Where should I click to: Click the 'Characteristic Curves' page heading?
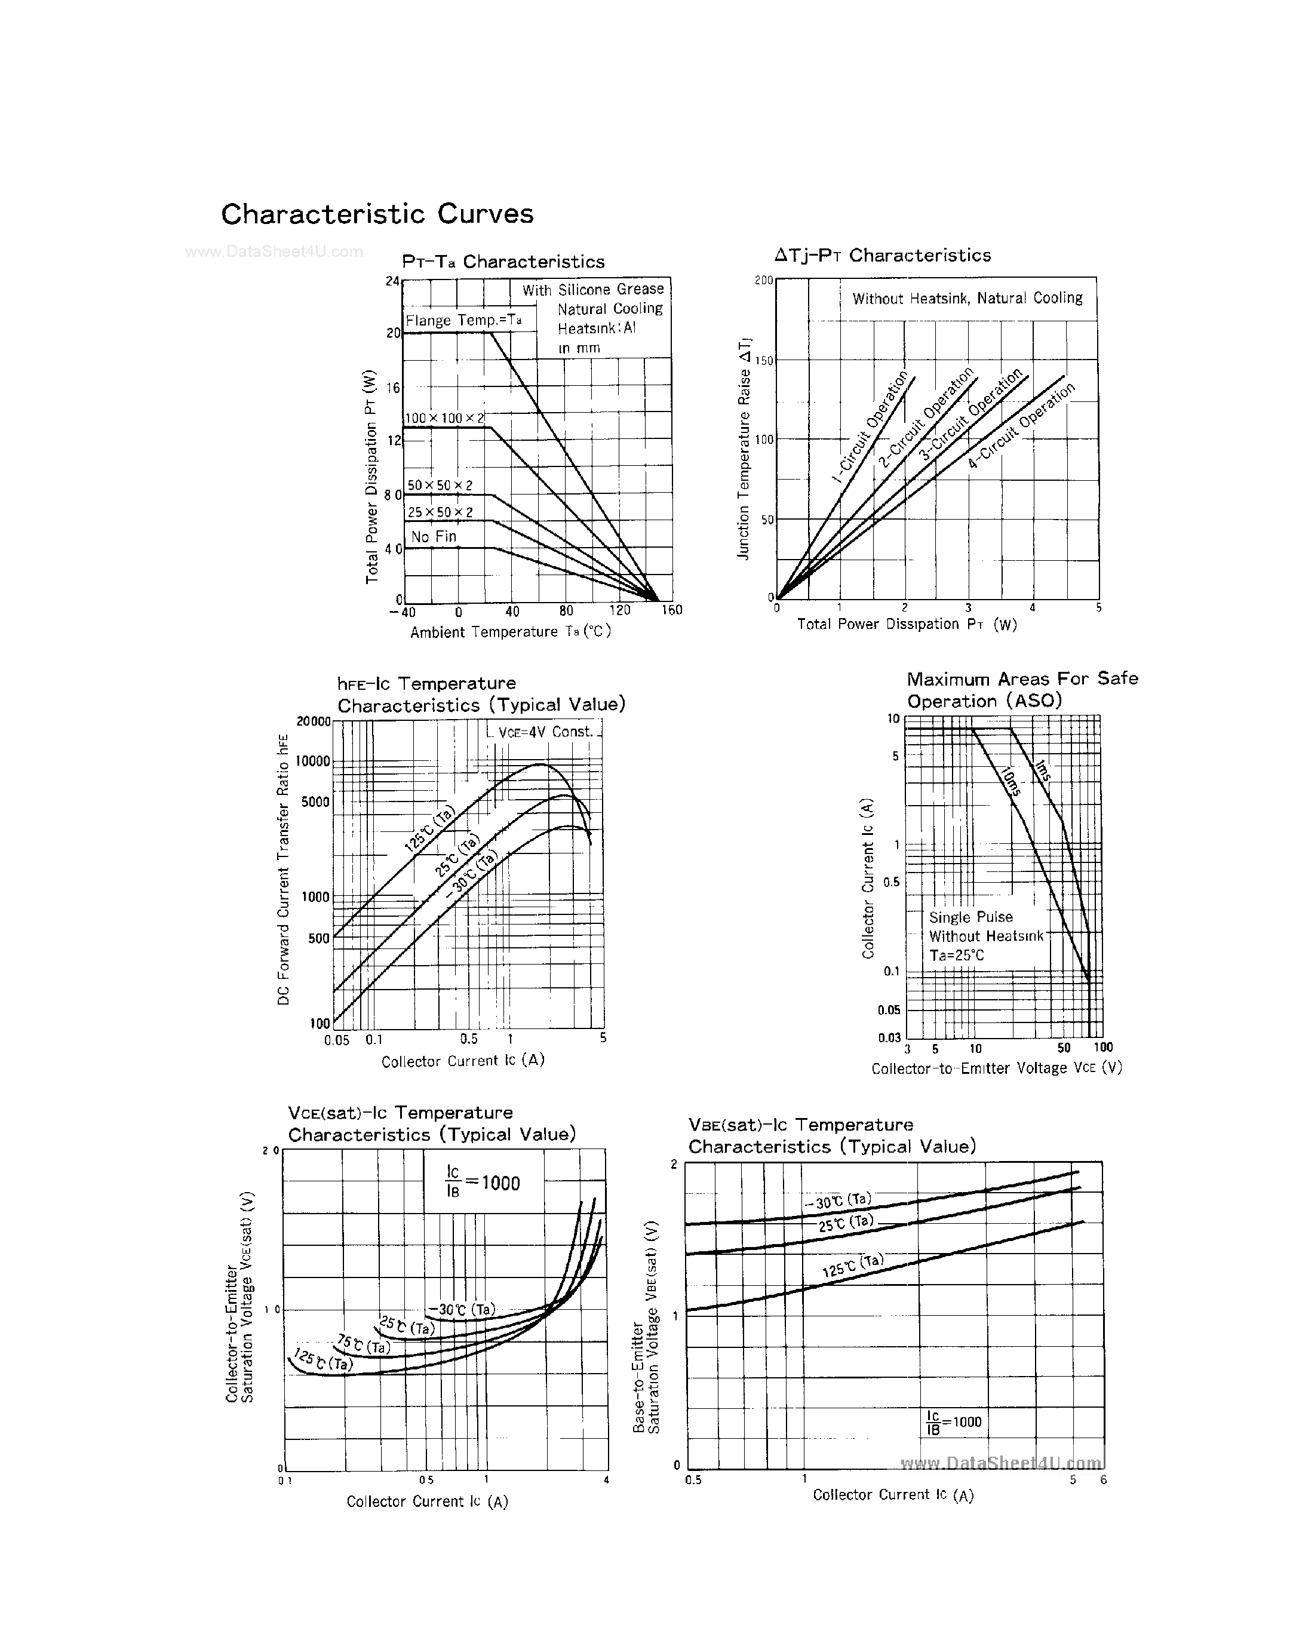[x=377, y=214]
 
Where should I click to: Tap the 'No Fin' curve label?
[x=434, y=536]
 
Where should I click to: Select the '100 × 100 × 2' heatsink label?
[x=444, y=417]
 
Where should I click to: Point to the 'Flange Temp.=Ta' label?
[x=463, y=320]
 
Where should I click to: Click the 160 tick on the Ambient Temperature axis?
[x=671, y=610]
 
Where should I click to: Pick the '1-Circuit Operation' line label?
[x=870, y=427]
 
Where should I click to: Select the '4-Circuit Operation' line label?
[x=1021, y=426]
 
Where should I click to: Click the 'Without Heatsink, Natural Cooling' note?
[x=967, y=299]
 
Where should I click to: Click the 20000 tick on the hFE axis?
[x=313, y=721]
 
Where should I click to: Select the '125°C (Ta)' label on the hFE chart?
[x=429, y=829]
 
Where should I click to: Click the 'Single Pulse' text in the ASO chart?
[x=970, y=917]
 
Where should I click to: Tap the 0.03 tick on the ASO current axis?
[x=890, y=1038]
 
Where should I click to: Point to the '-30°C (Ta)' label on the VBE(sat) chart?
[x=837, y=1200]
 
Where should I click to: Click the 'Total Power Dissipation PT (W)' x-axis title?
[x=907, y=624]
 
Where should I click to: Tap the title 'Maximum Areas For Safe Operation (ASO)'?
[x=1021, y=689]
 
